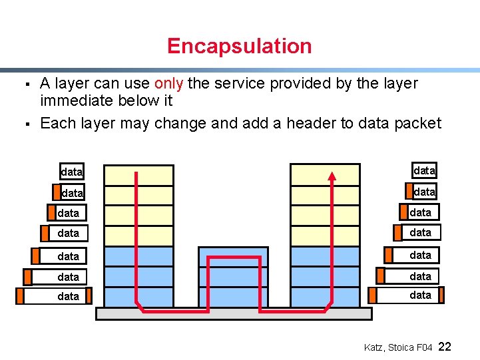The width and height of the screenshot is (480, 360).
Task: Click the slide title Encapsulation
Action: tap(239, 46)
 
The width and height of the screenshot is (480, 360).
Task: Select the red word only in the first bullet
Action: tap(168, 84)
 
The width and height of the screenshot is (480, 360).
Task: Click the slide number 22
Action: tap(445, 347)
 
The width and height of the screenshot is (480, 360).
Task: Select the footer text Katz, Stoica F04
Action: tap(398, 347)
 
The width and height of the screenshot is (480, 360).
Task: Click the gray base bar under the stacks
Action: tap(234, 313)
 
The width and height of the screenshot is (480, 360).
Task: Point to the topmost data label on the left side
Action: tap(71, 172)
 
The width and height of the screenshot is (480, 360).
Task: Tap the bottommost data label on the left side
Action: tap(68, 296)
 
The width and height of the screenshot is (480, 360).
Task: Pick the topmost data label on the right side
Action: tap(424, 171)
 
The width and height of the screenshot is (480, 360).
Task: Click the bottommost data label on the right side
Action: tap(420, 295)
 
